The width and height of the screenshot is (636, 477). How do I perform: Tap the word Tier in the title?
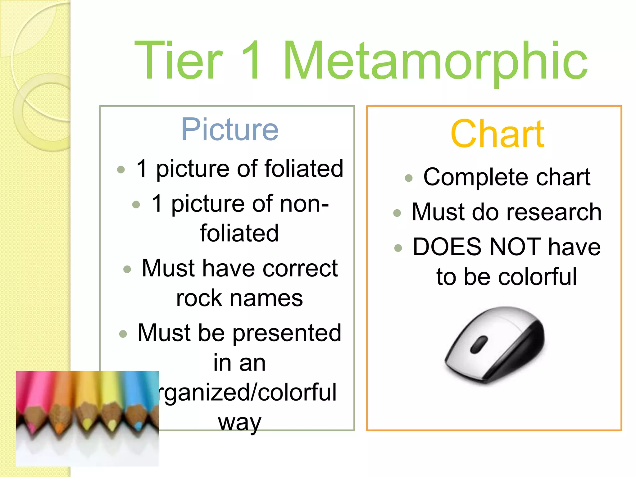point(179,61)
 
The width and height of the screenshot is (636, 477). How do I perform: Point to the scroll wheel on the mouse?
point(479,344)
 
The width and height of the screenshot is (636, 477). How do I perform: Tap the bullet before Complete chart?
point(409,178)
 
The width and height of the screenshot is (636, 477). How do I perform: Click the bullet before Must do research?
point(397,213)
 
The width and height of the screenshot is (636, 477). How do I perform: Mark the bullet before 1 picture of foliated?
point(121,170)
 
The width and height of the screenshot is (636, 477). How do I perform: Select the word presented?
point(287,333)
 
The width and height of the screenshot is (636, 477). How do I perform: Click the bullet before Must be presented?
point(123,334)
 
